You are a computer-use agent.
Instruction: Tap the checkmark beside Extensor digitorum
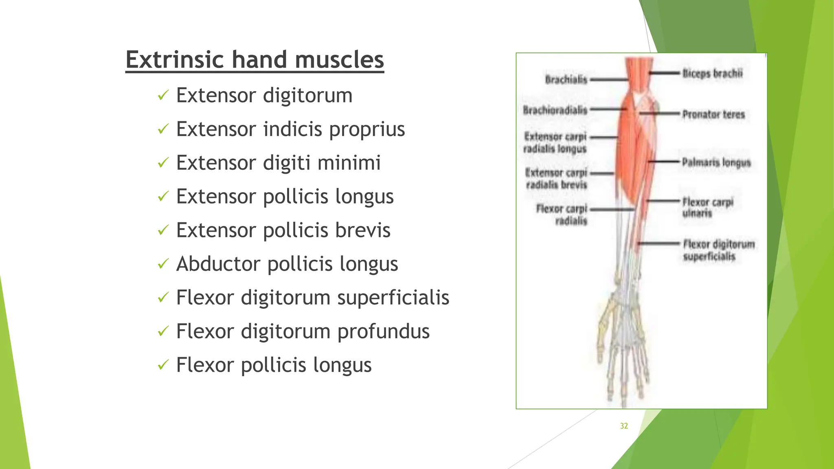tap(163, 96)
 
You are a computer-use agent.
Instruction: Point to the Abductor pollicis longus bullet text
tap(287, 264)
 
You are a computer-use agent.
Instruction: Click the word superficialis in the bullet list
tap(393, 298)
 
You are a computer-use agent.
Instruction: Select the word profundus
tap(383, 331)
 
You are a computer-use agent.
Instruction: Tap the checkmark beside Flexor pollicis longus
tap(163, 365)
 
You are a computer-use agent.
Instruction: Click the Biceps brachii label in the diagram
tap(712, 74)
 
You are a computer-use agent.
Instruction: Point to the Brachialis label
tap(566, 79)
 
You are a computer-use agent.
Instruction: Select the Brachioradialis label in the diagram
tap(555, 110)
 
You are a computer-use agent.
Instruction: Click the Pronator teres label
tap(713, 114)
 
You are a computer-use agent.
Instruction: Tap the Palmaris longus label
tap(716, 162)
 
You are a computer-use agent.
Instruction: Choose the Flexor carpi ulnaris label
tap(707, 207)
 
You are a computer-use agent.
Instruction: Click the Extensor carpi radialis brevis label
tap(556, 178)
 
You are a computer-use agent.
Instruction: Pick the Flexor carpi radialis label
tap(562, 215)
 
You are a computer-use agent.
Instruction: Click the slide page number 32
tap(624, 426)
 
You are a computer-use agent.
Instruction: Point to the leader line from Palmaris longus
tap(665, 162)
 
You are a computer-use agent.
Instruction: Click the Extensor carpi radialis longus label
tap(555, 142)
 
